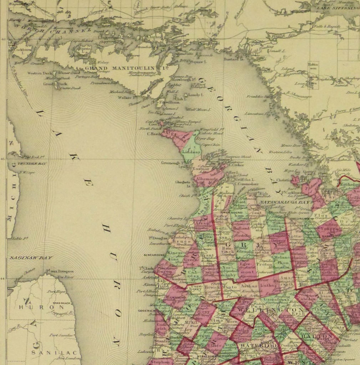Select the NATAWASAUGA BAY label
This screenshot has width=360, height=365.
point(284,202)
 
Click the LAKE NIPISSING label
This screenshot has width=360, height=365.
point(339,8)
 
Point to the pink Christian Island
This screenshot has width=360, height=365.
point(295,180)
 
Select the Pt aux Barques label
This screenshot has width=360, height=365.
point(60,271)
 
